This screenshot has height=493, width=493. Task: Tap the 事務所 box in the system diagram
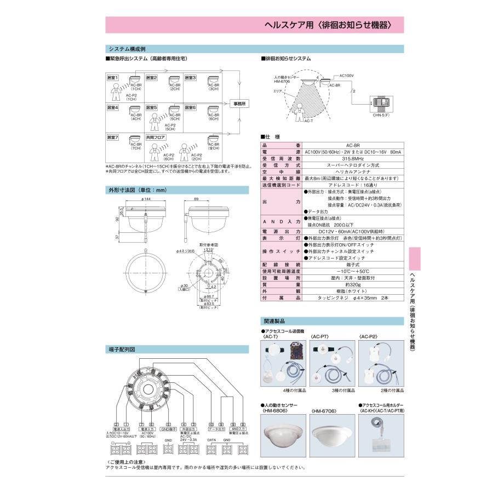[x=240, y=104]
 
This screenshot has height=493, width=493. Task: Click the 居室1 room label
[x=113, y=78]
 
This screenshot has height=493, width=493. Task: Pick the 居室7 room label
[x=113, y=137]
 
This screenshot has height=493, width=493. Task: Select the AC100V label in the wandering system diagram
[x=347, y=75]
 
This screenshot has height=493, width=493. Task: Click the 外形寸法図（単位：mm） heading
[x=137, y=190]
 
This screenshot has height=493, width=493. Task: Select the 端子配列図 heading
[x=122, y=348]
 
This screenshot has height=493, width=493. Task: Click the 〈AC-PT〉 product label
[x=320, y=337]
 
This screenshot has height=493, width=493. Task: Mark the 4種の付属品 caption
[x=295, y=390]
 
